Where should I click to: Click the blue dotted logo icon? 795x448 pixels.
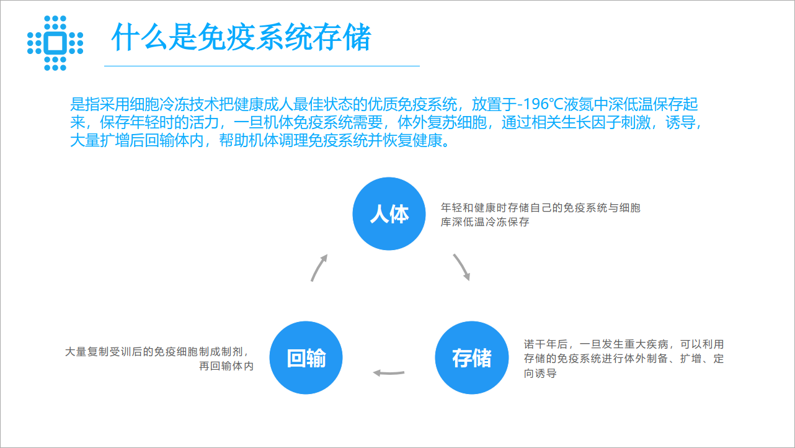click(x=55, y=43)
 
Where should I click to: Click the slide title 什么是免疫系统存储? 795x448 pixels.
click(x=241, y=37)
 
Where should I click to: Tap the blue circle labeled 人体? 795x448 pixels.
click(x=389, y=213)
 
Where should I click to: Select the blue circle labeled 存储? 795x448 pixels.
click(x=472, y=357)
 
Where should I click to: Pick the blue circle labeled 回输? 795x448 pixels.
click(x=306, y=357)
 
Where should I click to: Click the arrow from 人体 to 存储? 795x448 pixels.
click(x=462, y=267)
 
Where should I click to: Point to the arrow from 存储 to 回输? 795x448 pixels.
click(x=389, y=373)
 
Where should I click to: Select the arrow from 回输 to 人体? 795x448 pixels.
click(x=318, y=267)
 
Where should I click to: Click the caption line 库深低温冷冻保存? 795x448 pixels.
click(x=485, y=222)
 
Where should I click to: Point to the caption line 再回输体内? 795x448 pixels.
click(x=226, y=366)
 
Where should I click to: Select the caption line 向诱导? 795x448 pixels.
click(x=540, y=374)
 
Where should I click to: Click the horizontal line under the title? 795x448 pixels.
click(x=262, y=66)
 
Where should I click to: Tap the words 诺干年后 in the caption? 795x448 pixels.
click(x=546, y=344)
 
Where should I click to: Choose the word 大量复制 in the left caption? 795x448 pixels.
click(x=87, y=352)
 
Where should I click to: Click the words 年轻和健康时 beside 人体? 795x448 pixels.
click(x=474, y=208)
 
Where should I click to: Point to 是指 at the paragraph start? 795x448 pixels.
click(x=85, y=104)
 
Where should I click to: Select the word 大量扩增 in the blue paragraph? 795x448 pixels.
click(x=100, y=141)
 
